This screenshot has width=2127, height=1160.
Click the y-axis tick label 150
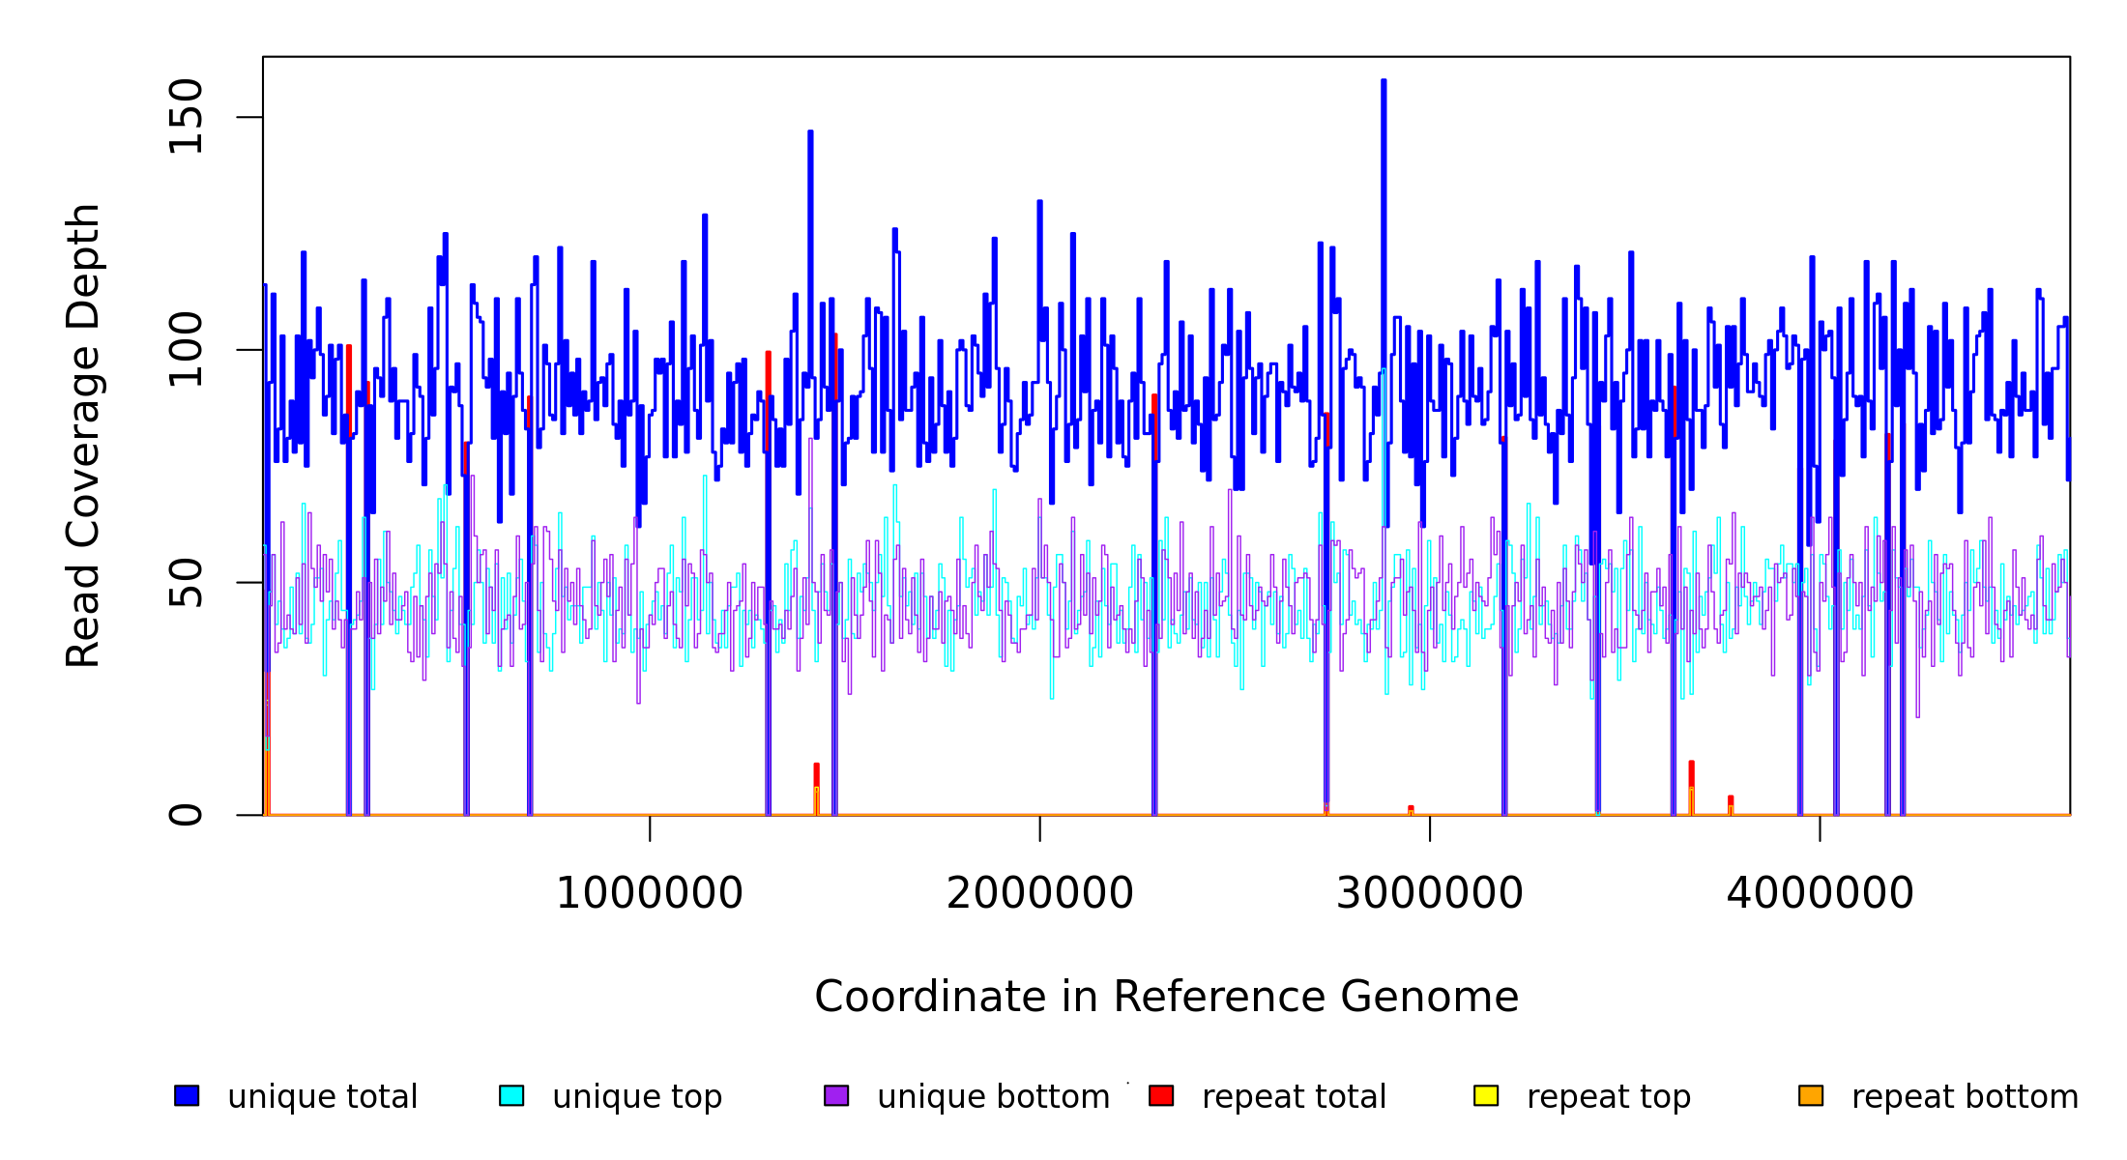[186, 117]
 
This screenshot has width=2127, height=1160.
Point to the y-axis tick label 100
[186, 350]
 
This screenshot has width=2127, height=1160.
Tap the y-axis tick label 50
[186, 582]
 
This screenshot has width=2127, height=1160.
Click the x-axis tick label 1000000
[650, 894]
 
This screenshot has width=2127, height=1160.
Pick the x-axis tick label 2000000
[1040, 894]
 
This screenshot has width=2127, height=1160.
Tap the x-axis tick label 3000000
[1430, 894]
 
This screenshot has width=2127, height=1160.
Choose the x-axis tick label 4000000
[1821, 894]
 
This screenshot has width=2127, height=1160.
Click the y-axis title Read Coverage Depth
[83, 435]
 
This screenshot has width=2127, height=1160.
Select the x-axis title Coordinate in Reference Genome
[1166, 998]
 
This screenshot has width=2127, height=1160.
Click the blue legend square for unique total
[187, 1096]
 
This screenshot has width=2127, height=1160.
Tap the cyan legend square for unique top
[511, 1096]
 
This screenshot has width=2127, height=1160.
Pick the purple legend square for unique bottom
[836, 1096]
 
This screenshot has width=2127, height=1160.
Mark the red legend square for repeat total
[1161, 1096]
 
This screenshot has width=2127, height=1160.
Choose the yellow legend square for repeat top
[1486, 1096]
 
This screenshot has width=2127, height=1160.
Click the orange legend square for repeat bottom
[1811, 1096]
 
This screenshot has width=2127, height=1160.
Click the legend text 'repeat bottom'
[1965, 1097]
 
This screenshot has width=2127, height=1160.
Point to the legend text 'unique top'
[637, 1097]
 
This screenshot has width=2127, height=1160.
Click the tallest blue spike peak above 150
[1384, 81]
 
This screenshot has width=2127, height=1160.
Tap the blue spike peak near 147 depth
[810, 132]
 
